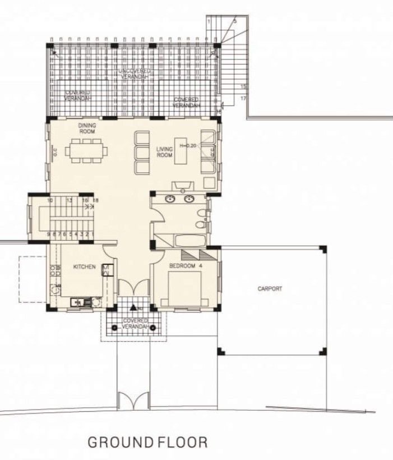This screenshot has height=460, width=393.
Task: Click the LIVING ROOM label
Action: tap(164, 152)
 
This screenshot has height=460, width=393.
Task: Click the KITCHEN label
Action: tap(84, 267)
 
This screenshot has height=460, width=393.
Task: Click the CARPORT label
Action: tap(270, 289)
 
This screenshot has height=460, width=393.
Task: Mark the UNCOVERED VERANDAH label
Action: tap(134, 74)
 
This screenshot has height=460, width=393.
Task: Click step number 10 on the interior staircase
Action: tap(50, 200)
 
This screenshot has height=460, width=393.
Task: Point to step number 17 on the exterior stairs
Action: tap(243, 98)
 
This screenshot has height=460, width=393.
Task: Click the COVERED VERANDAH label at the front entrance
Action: tap(135, 324)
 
